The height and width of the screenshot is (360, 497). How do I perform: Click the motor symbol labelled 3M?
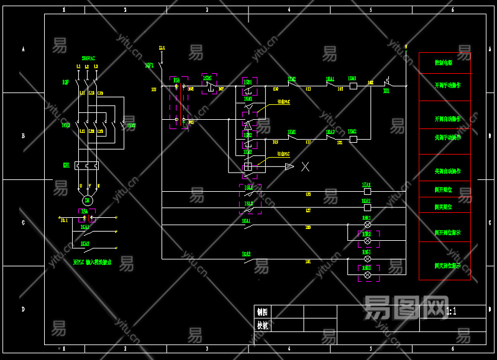click(x=87, y=199)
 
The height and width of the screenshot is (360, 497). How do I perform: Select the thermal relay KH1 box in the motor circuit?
click(x=87, y=166)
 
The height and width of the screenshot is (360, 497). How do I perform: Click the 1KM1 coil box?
click(x=353, y=86)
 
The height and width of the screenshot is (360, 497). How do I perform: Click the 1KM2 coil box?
click(x=353, y=140)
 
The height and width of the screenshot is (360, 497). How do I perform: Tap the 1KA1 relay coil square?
click(x=367, y=192)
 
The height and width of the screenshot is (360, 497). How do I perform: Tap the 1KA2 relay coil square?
click(x=367, y=208)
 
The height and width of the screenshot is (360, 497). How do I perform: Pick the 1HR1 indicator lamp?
click(x=367, y=224)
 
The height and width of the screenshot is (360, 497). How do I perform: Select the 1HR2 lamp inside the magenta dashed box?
click(x=367, y=240)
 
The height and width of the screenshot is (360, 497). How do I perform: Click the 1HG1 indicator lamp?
click(x=367, y=258)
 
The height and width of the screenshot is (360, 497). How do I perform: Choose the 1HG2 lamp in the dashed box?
click(x=367, y=274)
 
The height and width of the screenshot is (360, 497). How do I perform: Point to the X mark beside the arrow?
click(x=305, y=166)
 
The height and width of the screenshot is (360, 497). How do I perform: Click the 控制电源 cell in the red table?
click(x=444, y=63)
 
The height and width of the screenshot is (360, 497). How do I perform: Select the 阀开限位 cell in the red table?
click(x=444, y=189)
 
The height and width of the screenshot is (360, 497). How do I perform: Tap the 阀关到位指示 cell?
click(x=447, y=265)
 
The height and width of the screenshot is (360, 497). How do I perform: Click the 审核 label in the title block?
click(x=263, y=325)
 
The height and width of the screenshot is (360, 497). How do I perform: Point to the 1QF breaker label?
click(x=65, y=81)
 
